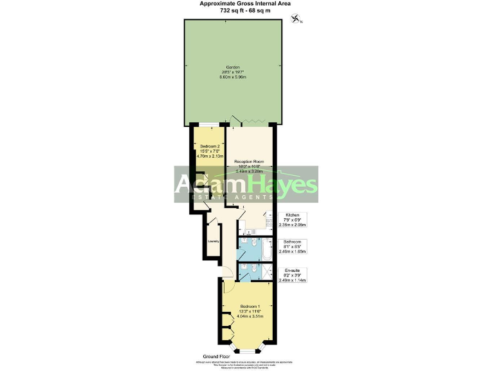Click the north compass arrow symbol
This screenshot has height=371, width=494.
coord(296,20)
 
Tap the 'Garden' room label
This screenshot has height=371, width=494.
coord(233,66)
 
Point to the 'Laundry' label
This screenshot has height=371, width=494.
coord(214,242)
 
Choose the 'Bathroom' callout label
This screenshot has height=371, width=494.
coord(292,242)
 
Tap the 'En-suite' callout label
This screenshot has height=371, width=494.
coord(292,271)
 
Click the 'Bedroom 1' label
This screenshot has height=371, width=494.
coord(250,306)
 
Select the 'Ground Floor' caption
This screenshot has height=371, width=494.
coord(217,356)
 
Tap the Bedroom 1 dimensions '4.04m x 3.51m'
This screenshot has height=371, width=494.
coord(250,316)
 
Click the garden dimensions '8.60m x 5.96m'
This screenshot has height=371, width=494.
coord(233,77)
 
